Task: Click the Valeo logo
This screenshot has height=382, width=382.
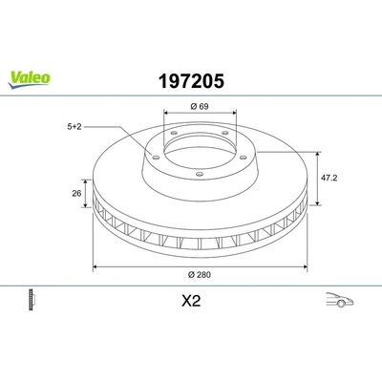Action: pos(29,79)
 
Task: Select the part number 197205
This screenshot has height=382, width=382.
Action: pos(191,81)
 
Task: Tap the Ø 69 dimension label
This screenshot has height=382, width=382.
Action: pos(200,106)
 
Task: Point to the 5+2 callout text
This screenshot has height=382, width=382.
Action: pos(74,127)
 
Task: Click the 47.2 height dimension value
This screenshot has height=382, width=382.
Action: pos(329,178)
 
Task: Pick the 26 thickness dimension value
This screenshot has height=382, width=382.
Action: pos(76,193)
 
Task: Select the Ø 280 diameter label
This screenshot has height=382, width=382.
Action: pos(200,275)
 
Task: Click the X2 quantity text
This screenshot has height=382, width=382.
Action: pos(191,301)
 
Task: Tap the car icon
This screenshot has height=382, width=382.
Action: pos(340,299)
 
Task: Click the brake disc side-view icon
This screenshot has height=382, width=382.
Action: pos(32,300)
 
